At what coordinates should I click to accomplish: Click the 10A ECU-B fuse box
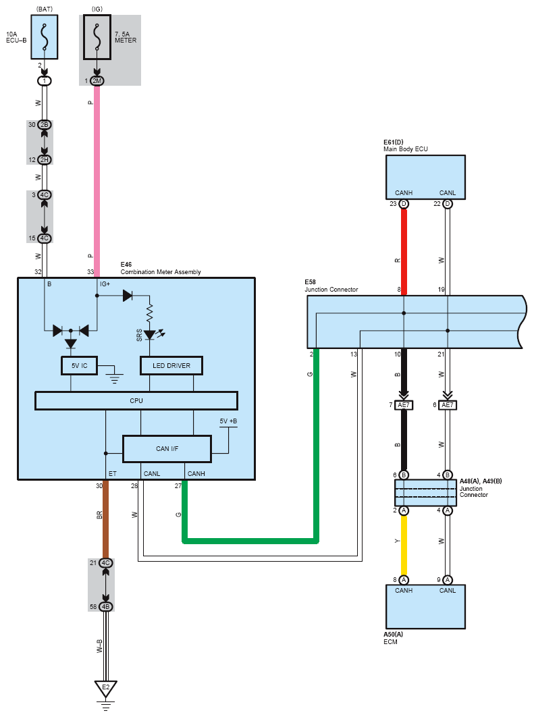pyautogui.click(x=45, y=37)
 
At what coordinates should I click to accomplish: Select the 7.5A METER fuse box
pyautogui.click(x=97, y=37)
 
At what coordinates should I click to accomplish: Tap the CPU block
pyautogui.click(x=136, y=400)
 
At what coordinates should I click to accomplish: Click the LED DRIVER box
pyautogui.click(x=171, y=366)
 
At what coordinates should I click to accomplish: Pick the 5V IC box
pyautogui.click(x=80, y=366)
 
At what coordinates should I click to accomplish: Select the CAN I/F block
pyautogui.click(x=167, y=449)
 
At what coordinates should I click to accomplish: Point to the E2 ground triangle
pyautogui.click(x=105, y=688)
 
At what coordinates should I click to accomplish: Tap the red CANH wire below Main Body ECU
pyautogui.click(x=404, y=252)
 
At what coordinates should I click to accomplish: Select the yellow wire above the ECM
pyautogui.click(x=404, y=546)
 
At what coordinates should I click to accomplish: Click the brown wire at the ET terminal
pyautogui.click(x=105, y=519)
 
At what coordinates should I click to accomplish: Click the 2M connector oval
pyautogui.click(x=97, y=81)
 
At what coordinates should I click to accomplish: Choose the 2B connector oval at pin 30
pyautogui.click(x=45, y=124)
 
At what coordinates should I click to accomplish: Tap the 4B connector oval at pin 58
pyautogui.click(x=105, y=607)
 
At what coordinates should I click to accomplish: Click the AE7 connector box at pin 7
pyautogui.click(x=404, y=405)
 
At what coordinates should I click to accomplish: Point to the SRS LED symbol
pyautogui.click(x=150, y=335)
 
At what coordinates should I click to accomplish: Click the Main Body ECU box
pyautogui.click(x=425, y=178)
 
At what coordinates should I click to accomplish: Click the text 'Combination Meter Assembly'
pyautogui.click(x=161, y=272)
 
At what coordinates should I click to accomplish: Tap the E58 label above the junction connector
pyautogui.click(x=310, y=282)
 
